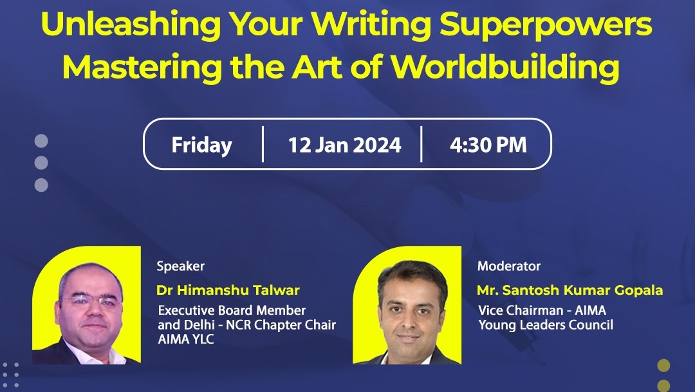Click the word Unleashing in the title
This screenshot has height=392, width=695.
(131, 24)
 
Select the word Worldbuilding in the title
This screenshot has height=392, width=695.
(505, 68)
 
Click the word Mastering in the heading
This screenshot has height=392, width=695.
(142, 68)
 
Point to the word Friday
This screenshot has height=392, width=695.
(201, 145)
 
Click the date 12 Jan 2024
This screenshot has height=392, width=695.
(344, 145)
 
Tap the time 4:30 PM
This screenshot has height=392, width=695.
(488, 145)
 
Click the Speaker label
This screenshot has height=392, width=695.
(180, 266)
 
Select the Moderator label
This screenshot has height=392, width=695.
(509, 266)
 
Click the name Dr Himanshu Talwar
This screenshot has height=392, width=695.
(228, 290)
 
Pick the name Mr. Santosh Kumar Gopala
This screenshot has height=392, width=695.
(570, 290)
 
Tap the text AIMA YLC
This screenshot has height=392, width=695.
(186, 339)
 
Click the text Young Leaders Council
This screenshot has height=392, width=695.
(546, 325)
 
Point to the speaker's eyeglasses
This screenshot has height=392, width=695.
(91, 300)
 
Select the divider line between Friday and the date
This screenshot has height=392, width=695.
(263, 144)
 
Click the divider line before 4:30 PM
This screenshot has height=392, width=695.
(421, 144)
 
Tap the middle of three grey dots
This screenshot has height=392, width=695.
(41, 163)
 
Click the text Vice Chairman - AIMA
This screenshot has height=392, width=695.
(542, 310)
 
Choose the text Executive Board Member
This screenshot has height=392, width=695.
(232, 310)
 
